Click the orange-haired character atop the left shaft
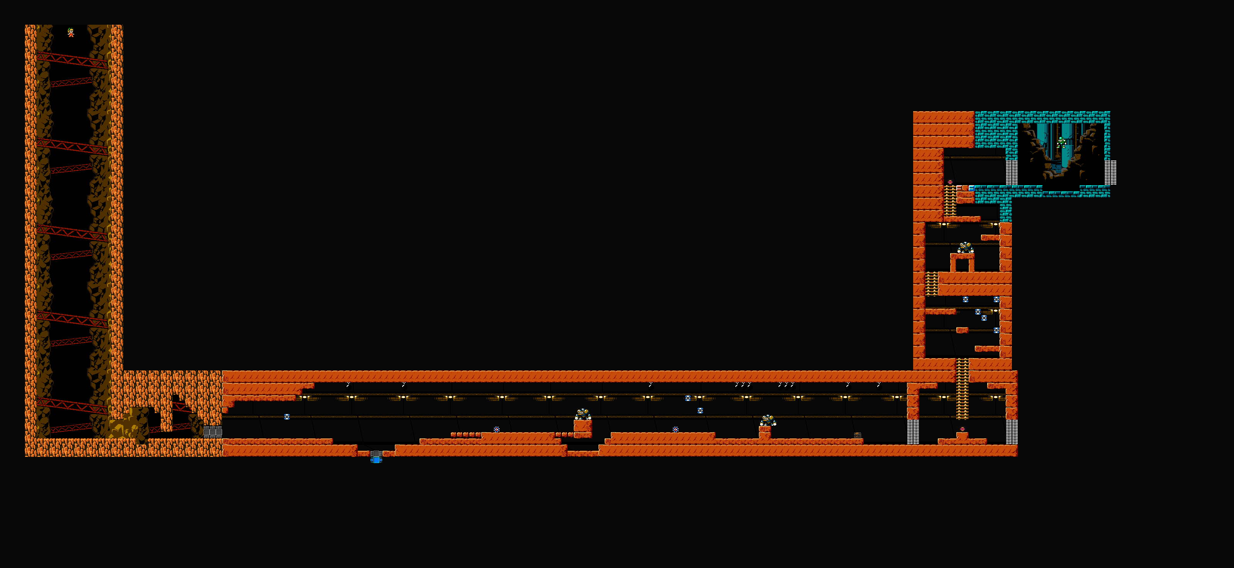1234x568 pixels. [x=71, y=32]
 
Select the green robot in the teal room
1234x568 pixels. [x=1061, y=142]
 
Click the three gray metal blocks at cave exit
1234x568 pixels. [x=213, y=432]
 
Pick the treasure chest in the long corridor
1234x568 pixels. [x=858, y=435]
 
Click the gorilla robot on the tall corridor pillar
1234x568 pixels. [x=583, y=414]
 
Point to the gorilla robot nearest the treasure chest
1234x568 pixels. [x=767, y=420]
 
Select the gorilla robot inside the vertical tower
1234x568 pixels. [x=965, y=247]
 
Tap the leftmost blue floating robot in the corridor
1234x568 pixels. [x=287, y=416]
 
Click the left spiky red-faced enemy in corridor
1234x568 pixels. [x=497, y=429]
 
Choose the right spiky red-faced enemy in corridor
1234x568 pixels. [x=676, y=429]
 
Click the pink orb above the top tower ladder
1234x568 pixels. [x=950, y=182]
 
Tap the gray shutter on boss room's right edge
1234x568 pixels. [x=1110, y=172]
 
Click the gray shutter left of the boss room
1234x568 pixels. [x=1011, y=172]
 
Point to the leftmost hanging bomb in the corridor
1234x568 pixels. [x=348, y=384]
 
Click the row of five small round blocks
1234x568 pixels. [x=465, y=434]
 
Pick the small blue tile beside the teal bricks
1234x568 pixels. [x=971, y=188]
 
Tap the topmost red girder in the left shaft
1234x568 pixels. [x=72, y=59]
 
